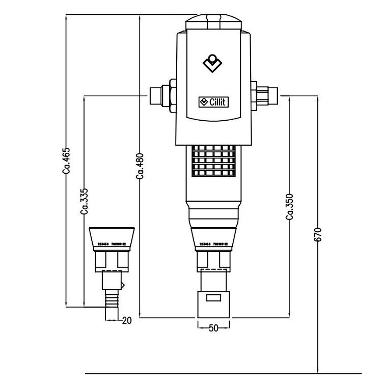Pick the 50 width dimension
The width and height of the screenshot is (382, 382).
click(x=213, y=328)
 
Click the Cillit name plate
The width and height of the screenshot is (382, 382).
click(x=213, y=102)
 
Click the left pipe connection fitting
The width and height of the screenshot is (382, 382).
click(x=162, y=95)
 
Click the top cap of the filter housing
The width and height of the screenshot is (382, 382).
click(x=213, y=22)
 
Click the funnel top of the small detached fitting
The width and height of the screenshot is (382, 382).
click(x=112, y=237)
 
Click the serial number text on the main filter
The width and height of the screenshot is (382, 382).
click(x=213, y=244)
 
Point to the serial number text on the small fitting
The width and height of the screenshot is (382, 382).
click(x=112, y=250)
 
